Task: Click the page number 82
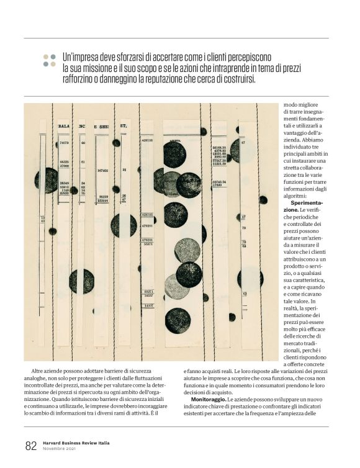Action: (x=30, y=446)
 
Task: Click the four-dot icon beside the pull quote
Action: (x=49, y=60)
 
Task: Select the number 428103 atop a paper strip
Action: (x=147, y=140)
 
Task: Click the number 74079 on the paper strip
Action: (x=63, y=143)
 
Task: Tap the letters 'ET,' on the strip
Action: (x=124, y=126)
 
